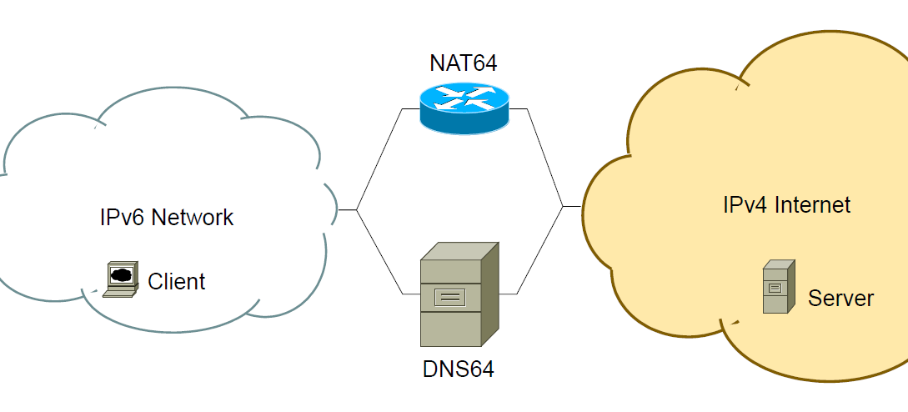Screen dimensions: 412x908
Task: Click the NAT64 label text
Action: (464, 63)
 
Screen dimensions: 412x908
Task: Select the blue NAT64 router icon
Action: (464, 108)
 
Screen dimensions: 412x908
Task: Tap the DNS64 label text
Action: (458, 369)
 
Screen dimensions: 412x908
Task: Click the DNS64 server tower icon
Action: (459, 295)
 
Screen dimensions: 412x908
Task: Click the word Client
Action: (176, 282)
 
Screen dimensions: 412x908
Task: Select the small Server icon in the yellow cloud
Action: (777, 286)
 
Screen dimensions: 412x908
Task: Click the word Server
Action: (840, 299)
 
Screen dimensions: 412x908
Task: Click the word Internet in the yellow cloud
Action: (813, 204)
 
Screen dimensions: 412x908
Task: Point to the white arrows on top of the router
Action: (464, 99)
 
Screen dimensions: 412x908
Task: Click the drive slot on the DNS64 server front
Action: (449, 296)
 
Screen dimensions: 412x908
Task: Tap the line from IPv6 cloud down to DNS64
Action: (379, 251)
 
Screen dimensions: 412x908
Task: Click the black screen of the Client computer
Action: (121, 274)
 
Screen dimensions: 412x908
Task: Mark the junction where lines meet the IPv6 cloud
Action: (357, 209)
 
